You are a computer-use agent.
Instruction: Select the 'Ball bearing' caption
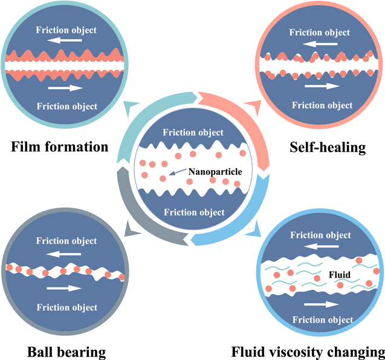coord(66,352)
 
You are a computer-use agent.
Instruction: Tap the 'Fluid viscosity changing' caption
coord(308,352)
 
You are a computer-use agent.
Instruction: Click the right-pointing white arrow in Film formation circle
coord(66,88)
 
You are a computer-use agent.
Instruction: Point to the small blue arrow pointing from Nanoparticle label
coord(177,175)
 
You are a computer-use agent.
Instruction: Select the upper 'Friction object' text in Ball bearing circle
coord(66,241)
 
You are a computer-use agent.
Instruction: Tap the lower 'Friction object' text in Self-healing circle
coord(322,105)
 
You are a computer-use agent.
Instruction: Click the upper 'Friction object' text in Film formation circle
coord(66,28)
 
